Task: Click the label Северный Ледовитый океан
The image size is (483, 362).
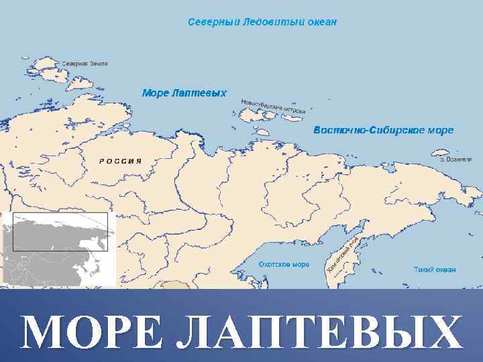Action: click(x=262, y=22)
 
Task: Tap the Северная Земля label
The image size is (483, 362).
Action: click(x=85, y=64)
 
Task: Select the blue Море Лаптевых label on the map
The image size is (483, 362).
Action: click(x=184, y=93)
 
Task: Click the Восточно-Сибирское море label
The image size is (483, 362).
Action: click(x=384, y=130)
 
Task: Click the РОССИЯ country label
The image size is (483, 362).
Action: click(x=120, y=161)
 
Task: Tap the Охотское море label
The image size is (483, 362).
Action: click(x=284, y=265)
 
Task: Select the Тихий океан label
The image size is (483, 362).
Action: click(x=434, y=269)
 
